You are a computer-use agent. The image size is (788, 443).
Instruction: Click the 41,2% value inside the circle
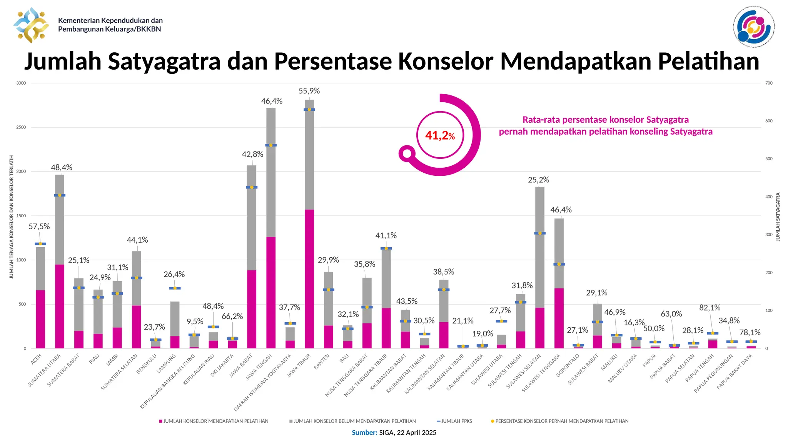440,135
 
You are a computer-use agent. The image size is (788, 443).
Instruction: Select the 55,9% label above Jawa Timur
309,91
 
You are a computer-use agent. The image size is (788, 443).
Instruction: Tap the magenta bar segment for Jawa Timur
309,279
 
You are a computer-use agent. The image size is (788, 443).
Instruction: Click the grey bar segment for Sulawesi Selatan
539,246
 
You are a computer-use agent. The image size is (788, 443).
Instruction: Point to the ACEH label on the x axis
36,360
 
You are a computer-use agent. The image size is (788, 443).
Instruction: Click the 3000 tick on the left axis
21,83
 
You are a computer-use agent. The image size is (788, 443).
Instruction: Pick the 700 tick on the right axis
769,83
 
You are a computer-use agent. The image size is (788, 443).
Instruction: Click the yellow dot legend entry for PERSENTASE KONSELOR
561,421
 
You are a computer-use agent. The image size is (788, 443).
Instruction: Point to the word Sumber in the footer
364,433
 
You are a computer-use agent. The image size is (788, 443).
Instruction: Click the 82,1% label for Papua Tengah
710,308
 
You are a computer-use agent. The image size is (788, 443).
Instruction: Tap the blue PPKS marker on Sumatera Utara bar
59,195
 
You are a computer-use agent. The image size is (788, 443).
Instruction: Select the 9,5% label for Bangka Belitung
195,322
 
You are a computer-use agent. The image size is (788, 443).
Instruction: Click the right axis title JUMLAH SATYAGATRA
778,217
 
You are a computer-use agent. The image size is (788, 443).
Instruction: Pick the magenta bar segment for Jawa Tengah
271,292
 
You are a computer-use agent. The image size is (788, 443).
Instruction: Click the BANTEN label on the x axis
322,362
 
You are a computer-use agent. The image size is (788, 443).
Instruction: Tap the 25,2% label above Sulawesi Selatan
538,180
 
